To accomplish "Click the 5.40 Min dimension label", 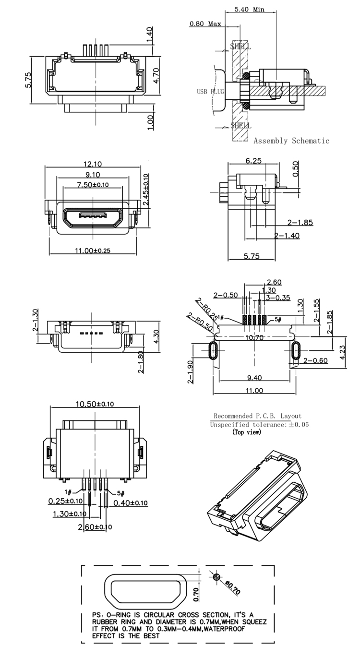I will [251, 9].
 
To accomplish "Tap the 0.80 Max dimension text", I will [205, 24].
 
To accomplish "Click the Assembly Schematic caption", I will [291, 141].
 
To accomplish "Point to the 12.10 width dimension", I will [92, 164].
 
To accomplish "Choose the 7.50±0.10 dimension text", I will [92, 185].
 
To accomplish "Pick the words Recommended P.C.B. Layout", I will [258, 416].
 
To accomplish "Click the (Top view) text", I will [247, 432].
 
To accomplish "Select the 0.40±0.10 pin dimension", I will [131, 502].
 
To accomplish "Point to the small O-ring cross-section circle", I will [217, 577].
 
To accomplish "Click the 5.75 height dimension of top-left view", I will [29, 80].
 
